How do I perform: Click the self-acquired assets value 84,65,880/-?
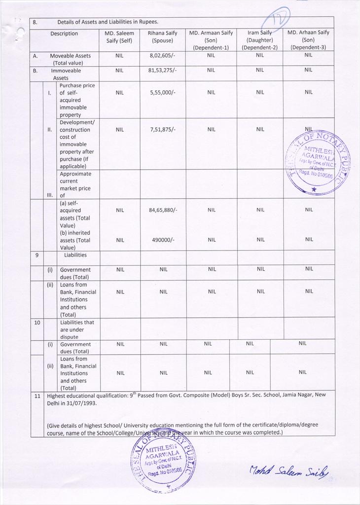[x=163, y=210]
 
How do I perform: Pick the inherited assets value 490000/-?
[x=163, y=240]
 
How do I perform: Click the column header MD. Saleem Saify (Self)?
[x=119, y=37]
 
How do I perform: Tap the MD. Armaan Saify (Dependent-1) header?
[x=211, y=40]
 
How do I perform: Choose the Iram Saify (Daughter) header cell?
[x=259, y=40]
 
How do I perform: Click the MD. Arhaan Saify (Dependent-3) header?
[x=308, y=40]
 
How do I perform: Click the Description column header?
[x=64, y=34]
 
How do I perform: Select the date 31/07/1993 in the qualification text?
[x=79, y=403]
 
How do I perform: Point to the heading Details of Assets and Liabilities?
[x=108, y=22]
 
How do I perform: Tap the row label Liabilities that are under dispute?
[x=78, y=329]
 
